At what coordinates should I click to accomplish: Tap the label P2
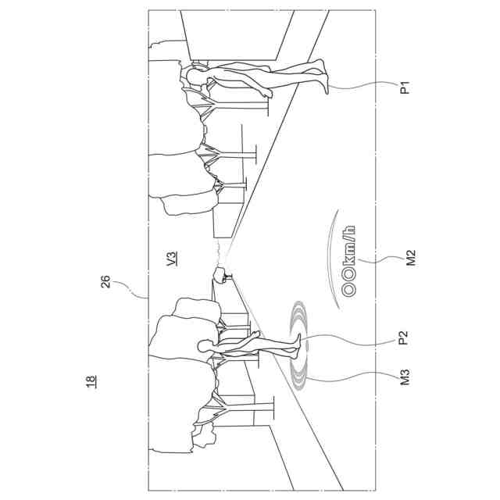point(404,338)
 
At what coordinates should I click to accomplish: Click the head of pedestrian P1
point(191,74)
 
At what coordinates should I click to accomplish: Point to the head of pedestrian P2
point(205,345)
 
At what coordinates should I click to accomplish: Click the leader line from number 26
point(133,291)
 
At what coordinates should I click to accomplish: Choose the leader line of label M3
point(352,380)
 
